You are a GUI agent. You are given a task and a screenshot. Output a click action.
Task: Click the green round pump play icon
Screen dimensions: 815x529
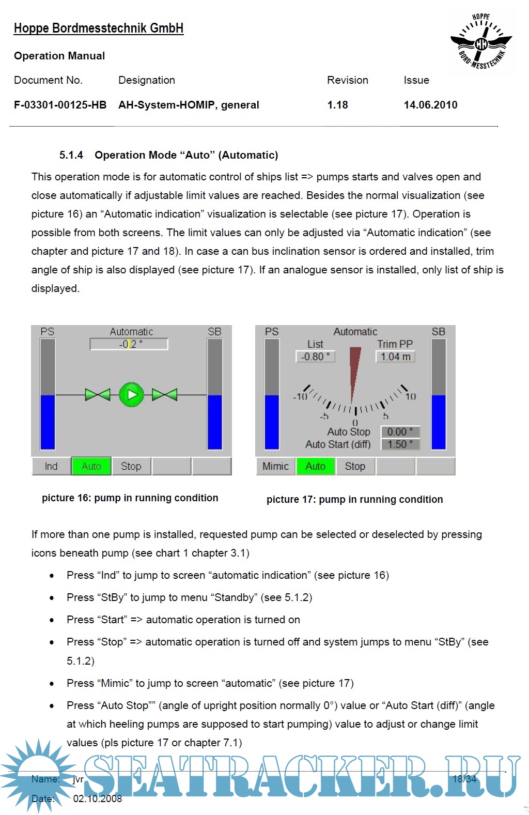point(132,395)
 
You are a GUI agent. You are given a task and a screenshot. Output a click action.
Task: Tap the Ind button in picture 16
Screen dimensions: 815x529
point(51,466)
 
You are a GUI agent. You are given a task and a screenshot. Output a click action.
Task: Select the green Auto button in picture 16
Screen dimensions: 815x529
point(91,466)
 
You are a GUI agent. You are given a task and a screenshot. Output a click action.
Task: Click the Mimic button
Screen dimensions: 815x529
point(275,466)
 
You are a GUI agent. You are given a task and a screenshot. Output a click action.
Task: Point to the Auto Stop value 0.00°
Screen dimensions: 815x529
point(400,432)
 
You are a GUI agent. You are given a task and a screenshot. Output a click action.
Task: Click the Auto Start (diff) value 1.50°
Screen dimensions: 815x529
point(400,444)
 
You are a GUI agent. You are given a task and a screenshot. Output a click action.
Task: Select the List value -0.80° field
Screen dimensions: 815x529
point(315,357)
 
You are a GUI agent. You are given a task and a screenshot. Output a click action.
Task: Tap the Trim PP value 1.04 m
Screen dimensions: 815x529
point(396,357)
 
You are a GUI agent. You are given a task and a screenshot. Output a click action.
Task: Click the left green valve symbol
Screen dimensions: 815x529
point(98,395)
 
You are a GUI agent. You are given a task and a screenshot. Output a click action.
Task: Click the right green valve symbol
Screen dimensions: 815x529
point(165,395)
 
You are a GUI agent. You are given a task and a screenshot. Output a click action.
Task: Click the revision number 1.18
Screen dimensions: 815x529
point(338,105)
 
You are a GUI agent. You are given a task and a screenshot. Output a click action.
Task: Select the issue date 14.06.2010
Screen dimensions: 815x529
point(430,105)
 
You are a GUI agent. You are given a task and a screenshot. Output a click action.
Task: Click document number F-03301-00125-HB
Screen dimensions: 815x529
point(60,105)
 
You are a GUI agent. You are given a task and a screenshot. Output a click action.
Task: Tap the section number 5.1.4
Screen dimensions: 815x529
point(71,155)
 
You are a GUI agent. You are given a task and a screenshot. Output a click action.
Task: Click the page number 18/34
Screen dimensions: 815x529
point(464,779)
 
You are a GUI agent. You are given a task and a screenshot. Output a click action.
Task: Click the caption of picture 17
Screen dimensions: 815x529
point(354,499)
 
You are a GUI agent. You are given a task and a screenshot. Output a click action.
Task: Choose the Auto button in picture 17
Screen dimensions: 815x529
point(316,466)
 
